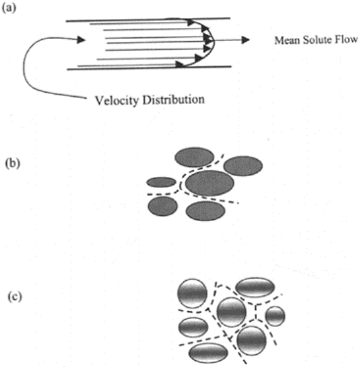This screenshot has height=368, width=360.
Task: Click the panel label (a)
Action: pos(9,8)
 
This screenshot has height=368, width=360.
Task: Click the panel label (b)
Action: pos(12,163)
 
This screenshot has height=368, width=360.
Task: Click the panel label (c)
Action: pos(15,297)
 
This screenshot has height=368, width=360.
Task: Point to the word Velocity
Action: pos(117,100)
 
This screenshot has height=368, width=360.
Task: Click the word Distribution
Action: pos(173,100)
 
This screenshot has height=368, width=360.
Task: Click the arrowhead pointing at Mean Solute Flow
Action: pos(246,40)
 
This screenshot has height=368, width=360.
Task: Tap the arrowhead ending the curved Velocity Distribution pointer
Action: pos(81,40)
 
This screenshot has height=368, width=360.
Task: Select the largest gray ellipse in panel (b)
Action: pos(209,183)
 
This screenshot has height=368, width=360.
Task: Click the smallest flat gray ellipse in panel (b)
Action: pos(161,182)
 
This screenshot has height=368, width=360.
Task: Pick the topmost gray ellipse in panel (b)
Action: pos(194,157)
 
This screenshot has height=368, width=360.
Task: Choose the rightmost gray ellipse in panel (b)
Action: pos(243,166)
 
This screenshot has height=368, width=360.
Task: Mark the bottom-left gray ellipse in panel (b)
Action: pos(162,206)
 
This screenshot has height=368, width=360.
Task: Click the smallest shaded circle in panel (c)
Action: pos(275,316)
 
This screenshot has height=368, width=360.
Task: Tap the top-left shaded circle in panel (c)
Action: pos(192,294)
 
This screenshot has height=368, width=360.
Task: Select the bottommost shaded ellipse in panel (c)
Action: pos(208,353)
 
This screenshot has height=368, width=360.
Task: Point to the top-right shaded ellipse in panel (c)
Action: pos(255,287)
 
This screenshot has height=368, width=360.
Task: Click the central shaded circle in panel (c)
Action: pos(232,312)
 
